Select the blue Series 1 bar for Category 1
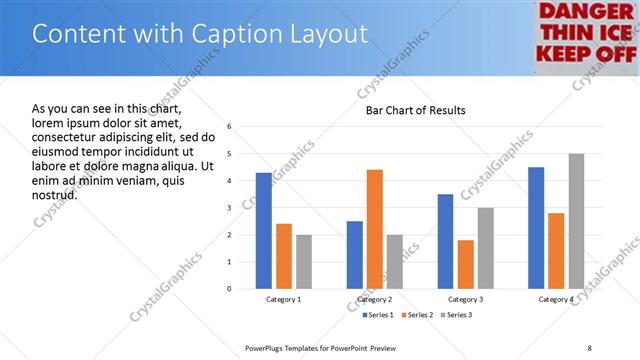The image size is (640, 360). coord(263,230)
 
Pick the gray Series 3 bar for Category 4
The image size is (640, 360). coord(576,221)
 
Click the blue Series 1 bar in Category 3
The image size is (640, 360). coord(445,241)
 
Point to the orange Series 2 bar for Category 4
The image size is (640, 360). coord(556,250)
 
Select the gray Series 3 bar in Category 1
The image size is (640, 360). coord(303,261)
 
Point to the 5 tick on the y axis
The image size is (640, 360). coord(230,154)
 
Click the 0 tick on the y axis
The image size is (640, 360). coord(230,289)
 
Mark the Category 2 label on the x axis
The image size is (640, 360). coord(374,300)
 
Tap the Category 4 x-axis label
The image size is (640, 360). coord(556,300)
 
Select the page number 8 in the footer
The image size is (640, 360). coord(589,348)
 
